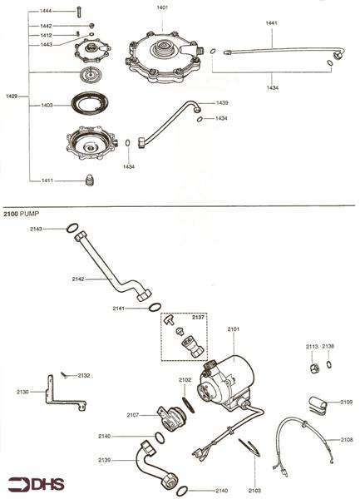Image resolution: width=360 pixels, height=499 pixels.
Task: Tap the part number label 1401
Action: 162,7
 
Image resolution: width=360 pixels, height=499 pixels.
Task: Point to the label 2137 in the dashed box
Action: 198,317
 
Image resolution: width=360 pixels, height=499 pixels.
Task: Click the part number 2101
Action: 233,329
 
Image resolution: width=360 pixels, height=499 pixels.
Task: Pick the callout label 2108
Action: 347,439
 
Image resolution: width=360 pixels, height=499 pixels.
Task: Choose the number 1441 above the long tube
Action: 272,23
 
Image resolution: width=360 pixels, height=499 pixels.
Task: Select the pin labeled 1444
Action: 77,11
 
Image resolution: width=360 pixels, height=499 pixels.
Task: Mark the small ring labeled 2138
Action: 329,364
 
